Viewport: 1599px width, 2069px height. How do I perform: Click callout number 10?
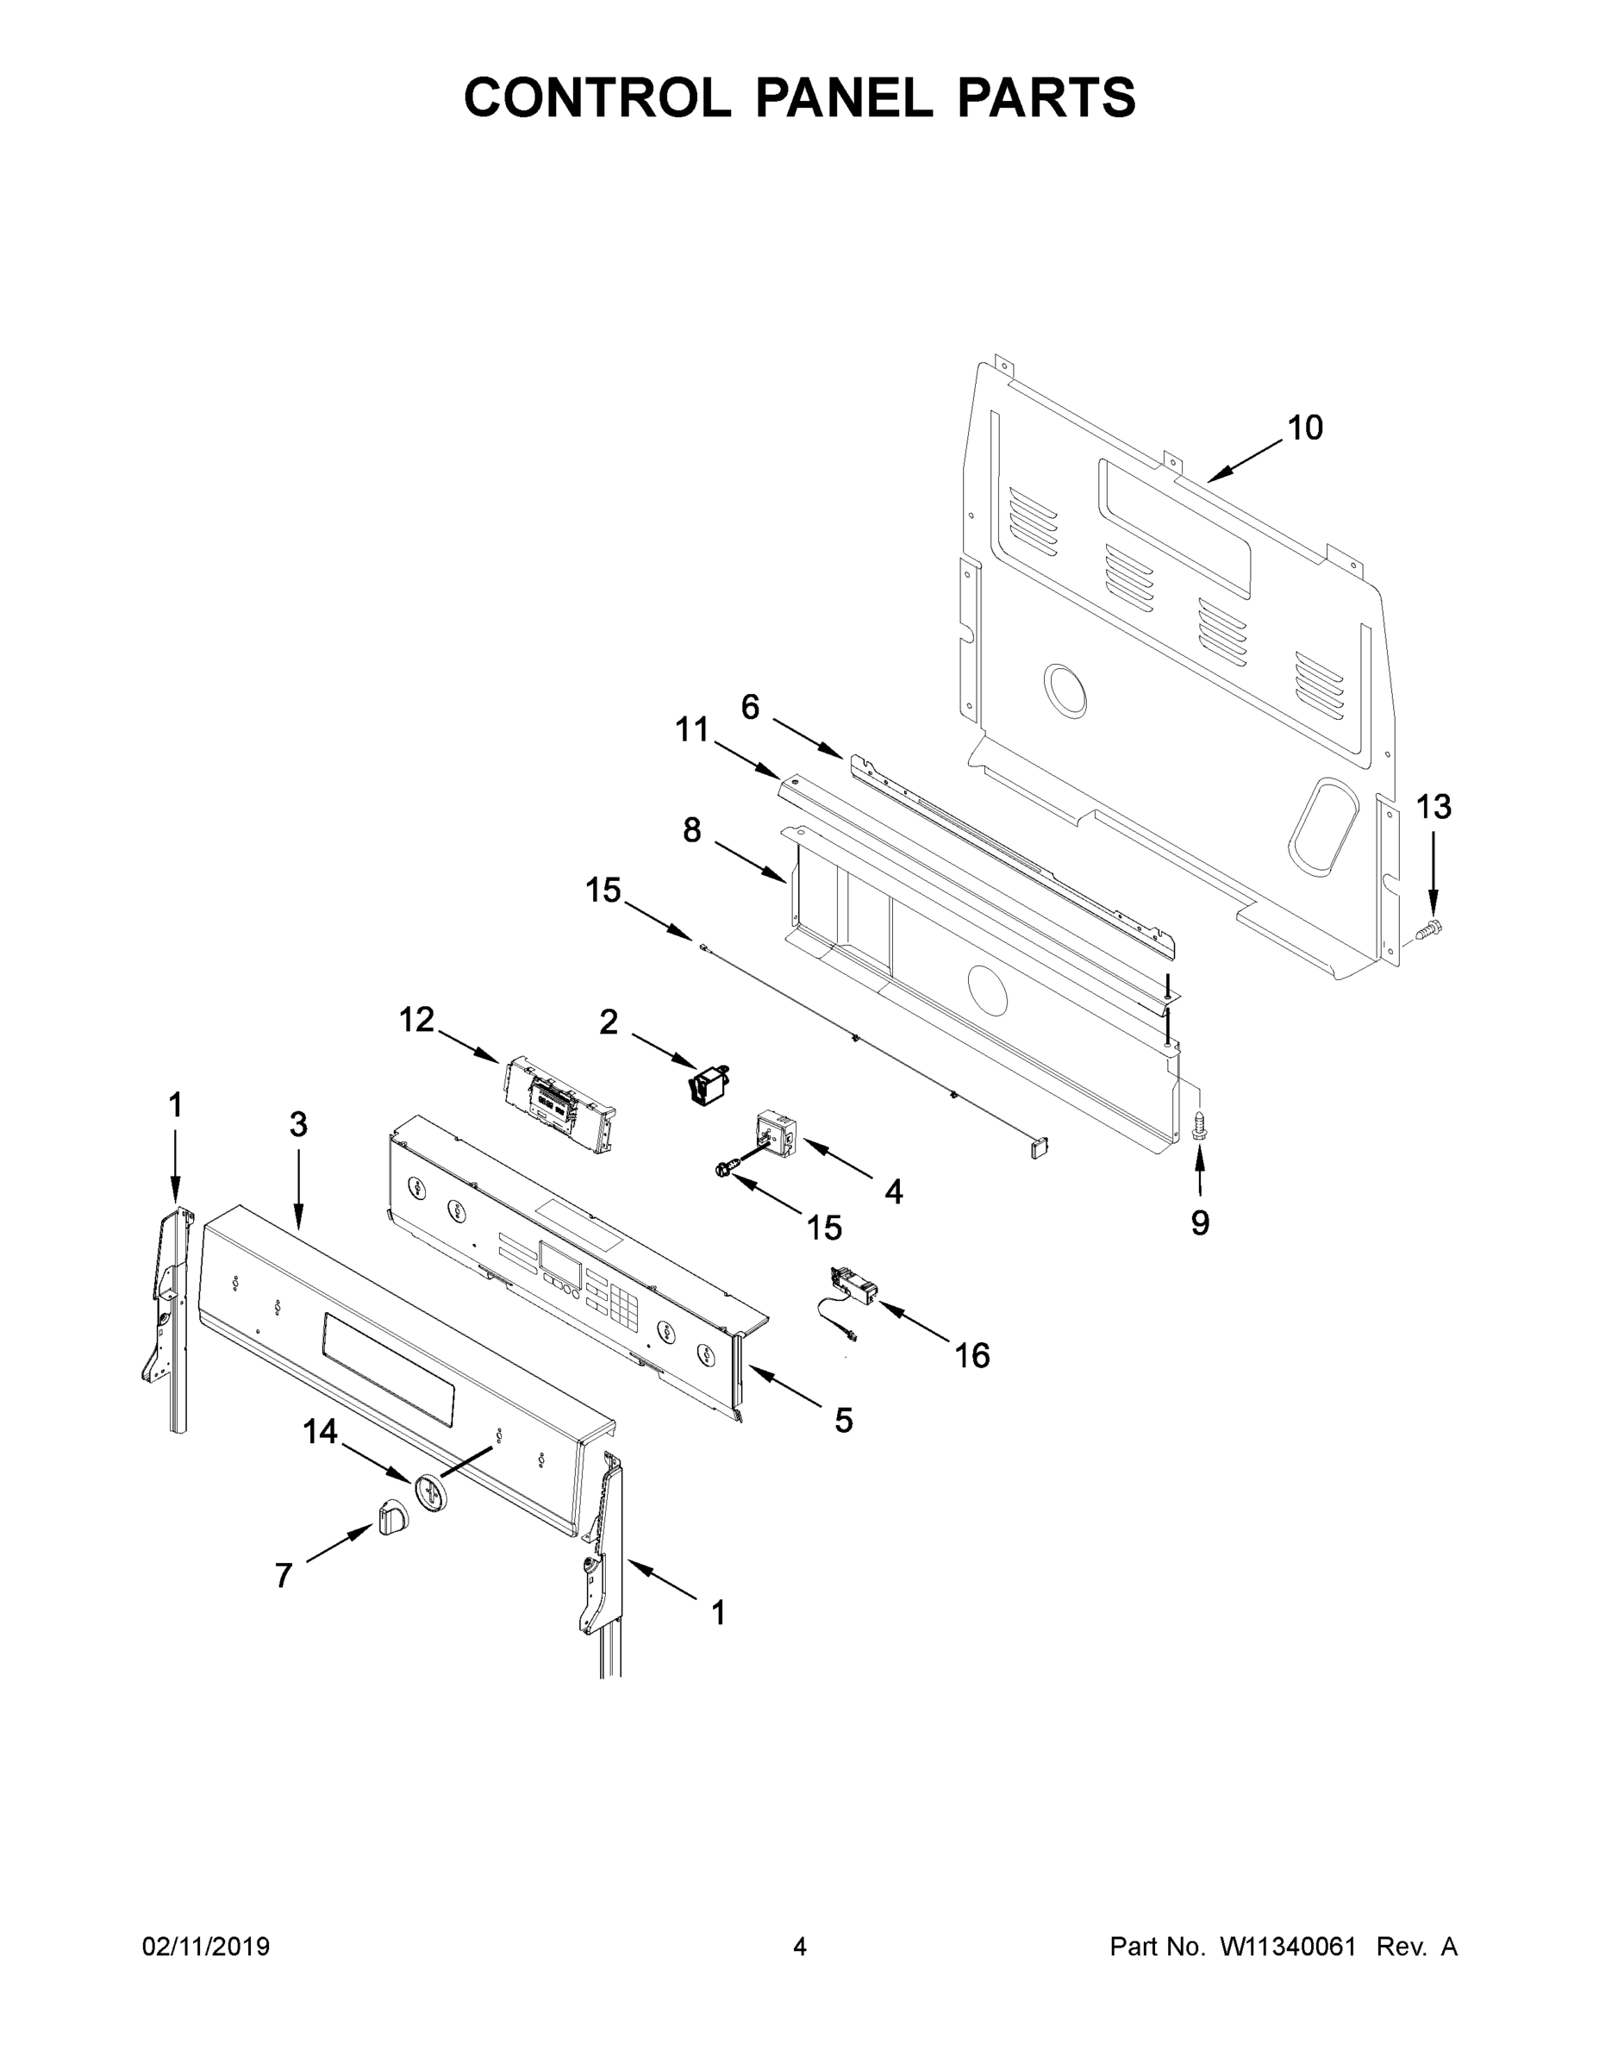click(x=1304, y=428)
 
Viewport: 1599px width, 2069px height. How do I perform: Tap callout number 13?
click(x=1433, y=807)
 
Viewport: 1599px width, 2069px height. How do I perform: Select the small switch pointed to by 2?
click(x=707, y=1083)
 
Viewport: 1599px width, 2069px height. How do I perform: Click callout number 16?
click(x=972, y=1356)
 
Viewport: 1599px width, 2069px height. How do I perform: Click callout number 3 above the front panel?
click(x=298, y=1125)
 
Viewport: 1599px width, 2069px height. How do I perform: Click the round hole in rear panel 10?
click(x=1065, y=690)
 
